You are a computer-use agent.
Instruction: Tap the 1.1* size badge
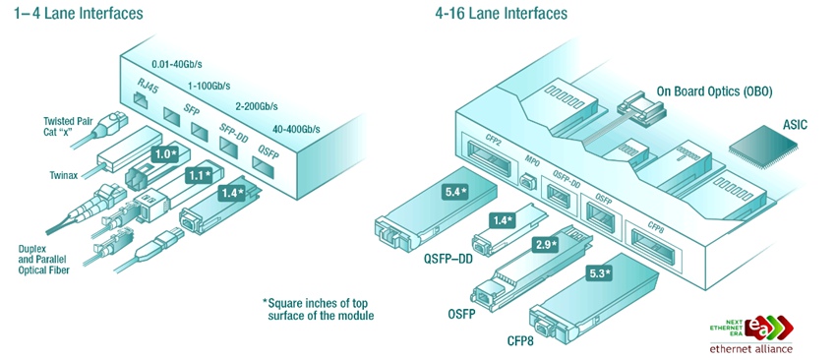[198, 174]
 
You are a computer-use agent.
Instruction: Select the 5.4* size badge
[454, 192]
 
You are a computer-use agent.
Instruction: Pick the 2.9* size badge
[545, 245]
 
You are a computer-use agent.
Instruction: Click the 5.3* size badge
[599, 274]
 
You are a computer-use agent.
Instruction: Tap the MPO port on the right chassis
[527, 180]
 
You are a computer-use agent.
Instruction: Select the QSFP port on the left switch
[264, 168]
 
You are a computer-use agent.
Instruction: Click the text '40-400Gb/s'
[295, 129]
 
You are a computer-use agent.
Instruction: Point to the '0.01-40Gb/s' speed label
[176, 65]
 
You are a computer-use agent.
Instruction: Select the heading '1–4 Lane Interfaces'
[79, 14]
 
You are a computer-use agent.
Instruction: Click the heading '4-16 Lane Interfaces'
[502, 14]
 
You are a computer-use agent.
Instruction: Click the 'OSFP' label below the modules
[461, 313]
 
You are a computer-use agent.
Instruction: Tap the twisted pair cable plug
[112, 125]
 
